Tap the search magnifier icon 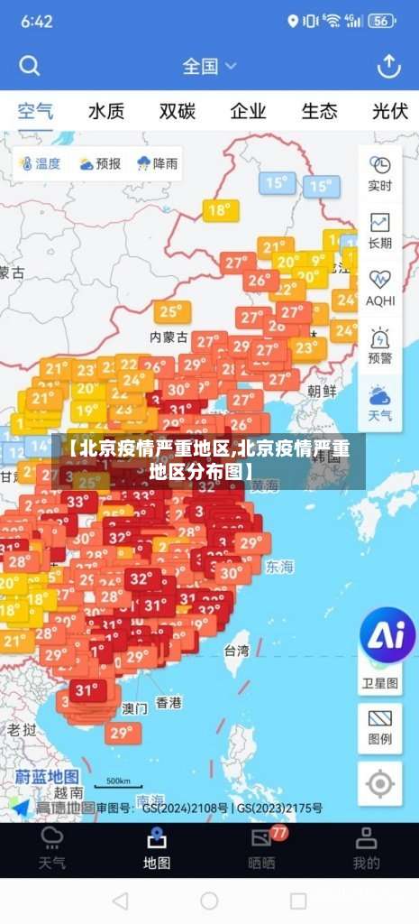click(30, 66)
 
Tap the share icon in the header click(388, 66)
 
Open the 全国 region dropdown click(209, 66)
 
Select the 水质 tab click(106, 112)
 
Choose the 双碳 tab click(178, 112)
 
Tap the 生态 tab click(319, 112)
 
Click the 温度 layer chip click(38, 163)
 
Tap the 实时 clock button click(380, 173)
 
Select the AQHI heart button click(380, 288)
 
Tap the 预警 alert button click(380, 346)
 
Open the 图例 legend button click(380, 727)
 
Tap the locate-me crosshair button click(380, 783)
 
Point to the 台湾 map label click(237, 650)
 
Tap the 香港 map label click(169, 702)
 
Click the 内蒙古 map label click(169, 337)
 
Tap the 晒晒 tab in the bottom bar click(261, 850)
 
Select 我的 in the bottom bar click(366, 850)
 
